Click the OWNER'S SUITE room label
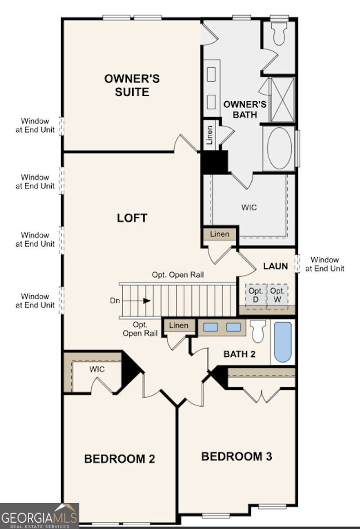click(x=132, y=85)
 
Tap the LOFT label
click(x=132, y=218)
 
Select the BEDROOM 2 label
click(x=120, y=459)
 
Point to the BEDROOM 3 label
click(x=237, y=456)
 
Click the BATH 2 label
click(x=239, y=354)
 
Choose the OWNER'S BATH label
click(x=245, y=109)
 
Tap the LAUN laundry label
click(x=275, y=266)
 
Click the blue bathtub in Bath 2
click(x=283, y=342)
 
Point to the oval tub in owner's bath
click(x=279, y=148)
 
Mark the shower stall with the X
click(x=282, y=100)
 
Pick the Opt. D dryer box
click(x=256, y=295)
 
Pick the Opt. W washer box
click(x=277, y=295)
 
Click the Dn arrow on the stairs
click(x=147, y=301)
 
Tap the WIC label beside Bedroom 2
click(x=97, y=369)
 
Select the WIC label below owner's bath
click(x=249, y=207)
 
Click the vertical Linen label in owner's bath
click(x=210, y=135)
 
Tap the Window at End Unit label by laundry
click(x=324, y=264)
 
